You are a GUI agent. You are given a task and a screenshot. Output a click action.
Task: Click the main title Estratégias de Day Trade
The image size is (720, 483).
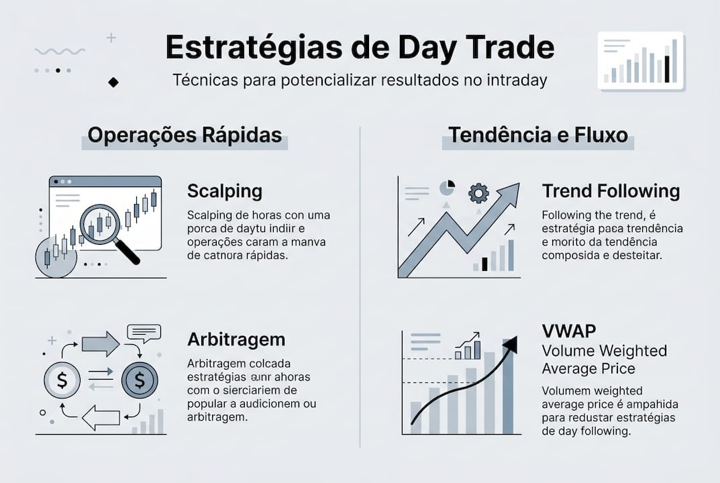click(x=360, y=48)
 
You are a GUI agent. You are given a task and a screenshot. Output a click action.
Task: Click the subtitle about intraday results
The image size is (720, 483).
click(x=360, y=80)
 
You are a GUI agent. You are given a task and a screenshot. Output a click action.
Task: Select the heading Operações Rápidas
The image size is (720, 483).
click(x=185, y=136)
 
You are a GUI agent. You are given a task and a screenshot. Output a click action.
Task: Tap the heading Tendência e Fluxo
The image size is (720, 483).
click(x=538, y=136)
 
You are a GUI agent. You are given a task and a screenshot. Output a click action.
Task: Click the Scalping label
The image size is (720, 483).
click(x=225, y=191)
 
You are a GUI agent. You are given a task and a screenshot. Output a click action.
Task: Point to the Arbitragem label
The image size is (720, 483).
click(x=236, y=339)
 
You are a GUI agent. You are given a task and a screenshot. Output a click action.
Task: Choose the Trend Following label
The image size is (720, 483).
click(x=611, y=191)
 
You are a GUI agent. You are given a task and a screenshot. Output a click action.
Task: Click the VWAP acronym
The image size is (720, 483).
click(x=570, y=331)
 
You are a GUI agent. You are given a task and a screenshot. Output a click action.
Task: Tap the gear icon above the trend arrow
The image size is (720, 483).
click(x=478, y=193)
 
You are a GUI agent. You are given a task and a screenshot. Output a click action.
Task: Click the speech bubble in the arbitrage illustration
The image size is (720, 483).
click(x=144, y=333)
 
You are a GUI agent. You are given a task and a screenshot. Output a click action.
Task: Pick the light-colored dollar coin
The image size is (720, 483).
click(x=62, y=380)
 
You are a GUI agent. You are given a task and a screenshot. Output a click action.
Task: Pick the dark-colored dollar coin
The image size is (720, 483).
click(x=140, y=380)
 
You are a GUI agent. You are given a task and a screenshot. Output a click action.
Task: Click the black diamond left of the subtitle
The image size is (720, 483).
click(x=113, y=82)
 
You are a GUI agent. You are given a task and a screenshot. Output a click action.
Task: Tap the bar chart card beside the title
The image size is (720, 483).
click(x=640, y=60)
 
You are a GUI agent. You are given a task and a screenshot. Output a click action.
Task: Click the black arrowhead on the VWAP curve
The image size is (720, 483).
click(x=510, y=345)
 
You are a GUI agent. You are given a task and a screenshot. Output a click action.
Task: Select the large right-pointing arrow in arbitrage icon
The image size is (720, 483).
click(x=101, y=344)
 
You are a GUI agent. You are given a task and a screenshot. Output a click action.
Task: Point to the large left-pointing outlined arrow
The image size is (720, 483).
click(x=101, y=417)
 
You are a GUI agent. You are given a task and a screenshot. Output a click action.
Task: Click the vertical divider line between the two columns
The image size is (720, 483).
click(x=360, y=282)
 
